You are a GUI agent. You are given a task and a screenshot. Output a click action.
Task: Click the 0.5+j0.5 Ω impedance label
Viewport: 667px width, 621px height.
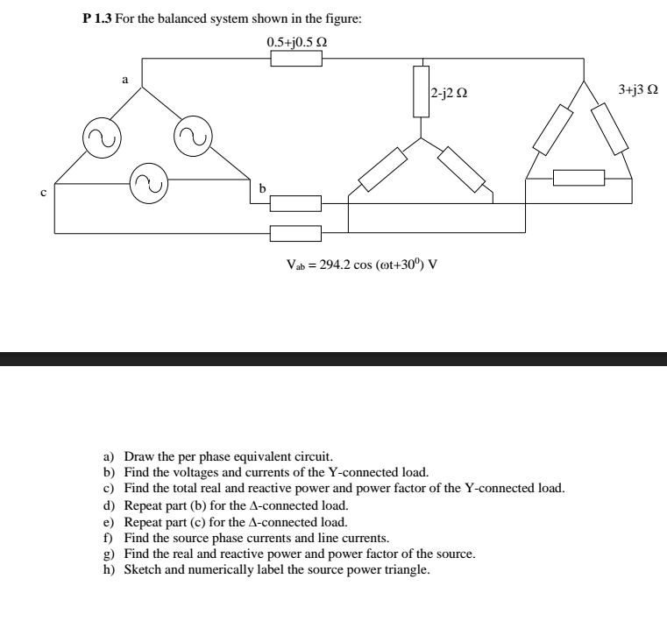(x=297, y=42)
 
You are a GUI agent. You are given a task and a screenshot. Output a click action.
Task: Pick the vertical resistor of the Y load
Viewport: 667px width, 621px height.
(x=422, y=91)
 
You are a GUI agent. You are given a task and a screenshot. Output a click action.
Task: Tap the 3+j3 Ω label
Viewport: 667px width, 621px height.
(x=637, y=89)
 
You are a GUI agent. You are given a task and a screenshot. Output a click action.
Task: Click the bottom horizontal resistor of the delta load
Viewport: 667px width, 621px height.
(x=578, y=179)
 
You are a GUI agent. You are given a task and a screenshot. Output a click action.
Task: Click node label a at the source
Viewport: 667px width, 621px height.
(x=124, y=80)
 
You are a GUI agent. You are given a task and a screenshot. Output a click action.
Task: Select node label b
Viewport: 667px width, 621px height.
(x=261, y=187)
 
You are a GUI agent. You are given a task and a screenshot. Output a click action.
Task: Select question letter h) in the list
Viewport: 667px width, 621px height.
(x=109, y=570)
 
